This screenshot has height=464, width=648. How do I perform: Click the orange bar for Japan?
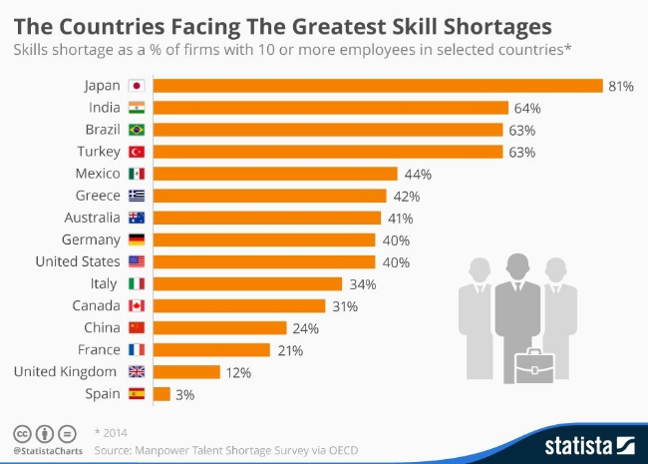coord(378,86)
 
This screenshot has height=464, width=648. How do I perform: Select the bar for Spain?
coord(162,393)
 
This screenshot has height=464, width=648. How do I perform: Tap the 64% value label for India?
coord(525,108)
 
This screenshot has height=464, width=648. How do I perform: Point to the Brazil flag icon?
coord(137,130)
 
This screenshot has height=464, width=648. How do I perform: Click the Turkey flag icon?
coord(137,152)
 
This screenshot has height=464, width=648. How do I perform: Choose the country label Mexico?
coord(98,174)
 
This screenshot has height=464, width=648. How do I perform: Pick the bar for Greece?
coord(269,196)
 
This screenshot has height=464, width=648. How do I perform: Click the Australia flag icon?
coord(137,218)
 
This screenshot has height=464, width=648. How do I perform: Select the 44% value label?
coord(417,174)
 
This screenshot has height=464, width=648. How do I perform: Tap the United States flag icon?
coord(137,261)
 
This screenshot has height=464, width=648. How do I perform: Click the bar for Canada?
coord(239,305)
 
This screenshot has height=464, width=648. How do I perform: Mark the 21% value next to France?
coord(290,349)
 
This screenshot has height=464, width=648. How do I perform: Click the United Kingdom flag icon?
coord(137,371)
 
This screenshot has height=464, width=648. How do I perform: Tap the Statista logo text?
coord(578,443)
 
